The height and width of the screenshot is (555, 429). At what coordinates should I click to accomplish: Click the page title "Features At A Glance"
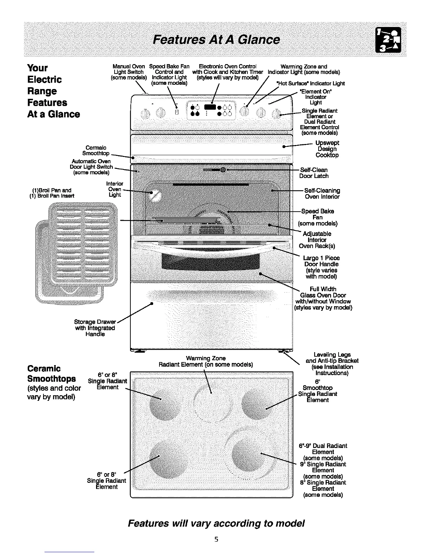[x=216, y=40]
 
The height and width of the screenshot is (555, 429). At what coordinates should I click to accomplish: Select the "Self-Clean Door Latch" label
[x=314, y=173]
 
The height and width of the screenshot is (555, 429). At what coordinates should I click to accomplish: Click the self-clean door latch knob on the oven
[x=223, y=170]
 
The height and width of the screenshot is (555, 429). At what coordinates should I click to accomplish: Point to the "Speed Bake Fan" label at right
[x=318, y=217]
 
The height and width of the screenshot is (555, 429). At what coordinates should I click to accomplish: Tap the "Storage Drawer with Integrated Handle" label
[x=95, y=328]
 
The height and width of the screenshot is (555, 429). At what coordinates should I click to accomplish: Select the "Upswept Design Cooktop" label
[x=327, y=149]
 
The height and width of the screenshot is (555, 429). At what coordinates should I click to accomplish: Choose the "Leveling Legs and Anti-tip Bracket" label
[x=332, y=364]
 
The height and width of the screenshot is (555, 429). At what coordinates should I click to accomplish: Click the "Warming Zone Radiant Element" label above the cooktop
[x=206, y=361]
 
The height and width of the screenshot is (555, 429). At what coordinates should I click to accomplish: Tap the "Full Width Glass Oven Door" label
[x=323, y=298]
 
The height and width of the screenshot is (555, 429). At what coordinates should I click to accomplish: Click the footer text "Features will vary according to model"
[x=216, y=523]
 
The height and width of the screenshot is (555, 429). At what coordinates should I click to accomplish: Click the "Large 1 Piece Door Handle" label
[x=321, y=267]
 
